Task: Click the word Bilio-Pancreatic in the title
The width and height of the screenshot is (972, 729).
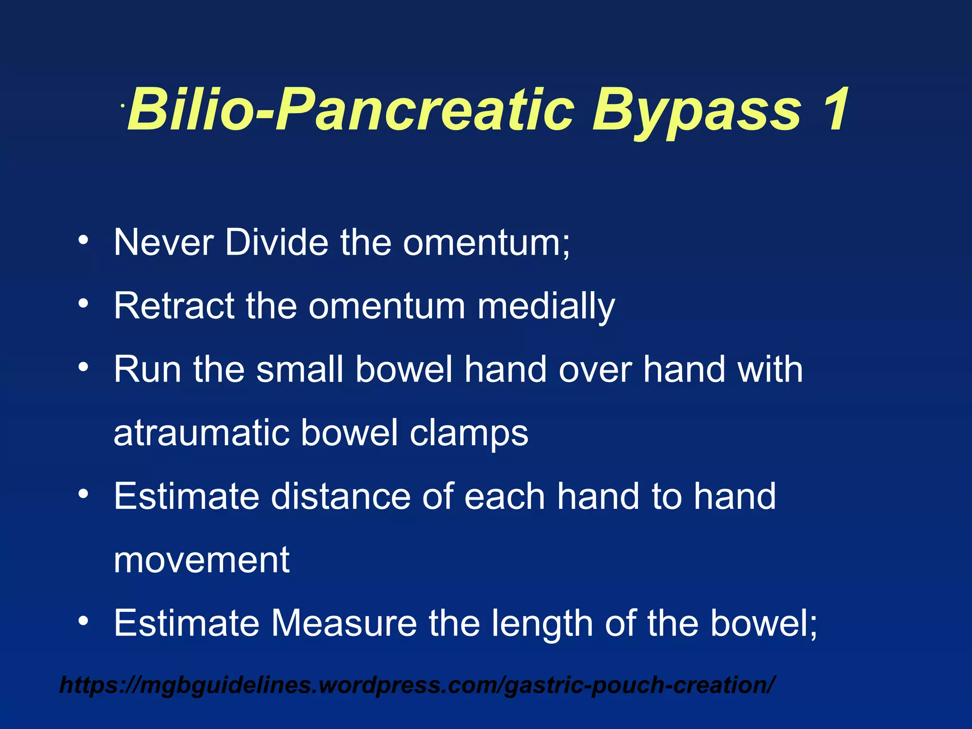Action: [351, 110]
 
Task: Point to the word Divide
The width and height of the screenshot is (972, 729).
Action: [276, 243]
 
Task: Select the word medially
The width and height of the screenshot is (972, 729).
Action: [546, 307]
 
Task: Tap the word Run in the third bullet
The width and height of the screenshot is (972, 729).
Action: [147, 369]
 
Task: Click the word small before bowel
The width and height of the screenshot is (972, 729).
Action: [299, 369]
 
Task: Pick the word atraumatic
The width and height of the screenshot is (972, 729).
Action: [201, 433]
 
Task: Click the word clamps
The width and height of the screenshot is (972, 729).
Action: [469, 434]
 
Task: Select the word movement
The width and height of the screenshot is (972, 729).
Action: [201, 560]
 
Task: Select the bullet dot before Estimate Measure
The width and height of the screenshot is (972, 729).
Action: [84, 620]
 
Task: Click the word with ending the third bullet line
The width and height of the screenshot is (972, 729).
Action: [770, 369]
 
